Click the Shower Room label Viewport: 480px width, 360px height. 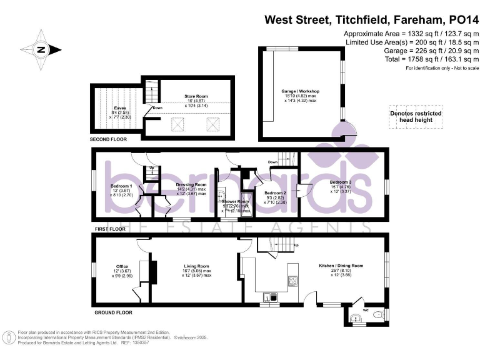236,201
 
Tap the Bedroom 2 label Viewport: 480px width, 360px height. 275,193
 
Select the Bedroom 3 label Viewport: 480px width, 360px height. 341,182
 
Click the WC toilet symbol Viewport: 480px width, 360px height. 376,317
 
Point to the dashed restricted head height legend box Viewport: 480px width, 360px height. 415,116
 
